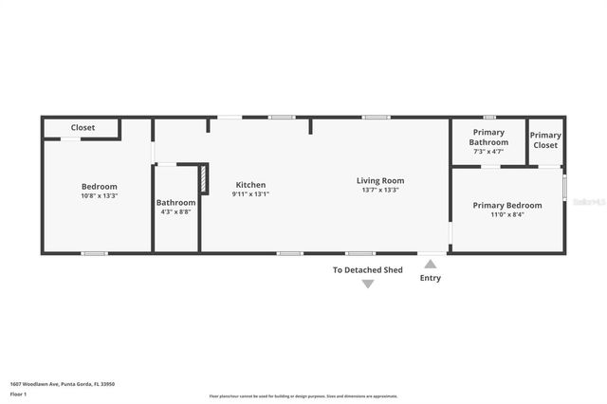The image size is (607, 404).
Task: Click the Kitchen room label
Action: click(250, 185)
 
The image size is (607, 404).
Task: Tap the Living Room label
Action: click(380, 180)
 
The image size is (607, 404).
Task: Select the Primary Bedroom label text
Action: click(507, 205)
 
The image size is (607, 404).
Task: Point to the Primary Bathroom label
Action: click(487, 138)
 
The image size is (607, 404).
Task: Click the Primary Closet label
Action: click(545, 140)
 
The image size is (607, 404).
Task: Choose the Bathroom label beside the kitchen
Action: click(175, 202)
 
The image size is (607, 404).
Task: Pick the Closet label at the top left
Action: click(83, 127)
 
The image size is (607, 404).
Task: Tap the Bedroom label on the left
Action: click(99, 187)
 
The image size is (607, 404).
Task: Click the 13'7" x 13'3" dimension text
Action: click(380, 190)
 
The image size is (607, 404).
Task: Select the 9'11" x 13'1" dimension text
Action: click(250, 194)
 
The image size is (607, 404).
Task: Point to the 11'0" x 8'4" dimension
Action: click(507, 214)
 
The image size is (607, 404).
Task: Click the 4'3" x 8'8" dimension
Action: click(175, 211)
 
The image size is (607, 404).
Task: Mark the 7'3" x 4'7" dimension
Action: click(487, 151)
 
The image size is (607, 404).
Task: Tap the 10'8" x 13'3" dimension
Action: click(99, 196)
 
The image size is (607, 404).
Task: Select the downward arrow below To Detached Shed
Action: click(368, 284)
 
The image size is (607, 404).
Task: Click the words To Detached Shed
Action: click(367, 270)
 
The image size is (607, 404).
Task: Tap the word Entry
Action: click(431, 278)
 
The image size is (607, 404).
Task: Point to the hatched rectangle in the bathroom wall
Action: click(202, 180)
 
